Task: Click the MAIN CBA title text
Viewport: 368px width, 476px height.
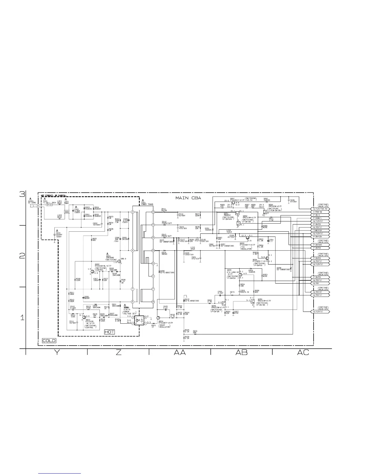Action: tap(188, 198)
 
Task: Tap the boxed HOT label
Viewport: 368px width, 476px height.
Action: tap(109, 332)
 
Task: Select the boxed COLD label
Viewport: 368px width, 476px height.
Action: tap(49, 341)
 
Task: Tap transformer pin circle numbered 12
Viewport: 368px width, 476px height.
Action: tap(153, 212)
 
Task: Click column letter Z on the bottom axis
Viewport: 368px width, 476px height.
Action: tap(118, 352)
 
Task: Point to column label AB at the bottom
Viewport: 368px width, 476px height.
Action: tap(242, 352)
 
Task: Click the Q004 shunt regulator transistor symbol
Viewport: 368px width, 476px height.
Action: tap(159, 318)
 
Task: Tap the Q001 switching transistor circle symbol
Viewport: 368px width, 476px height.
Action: tap(119, 261)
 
